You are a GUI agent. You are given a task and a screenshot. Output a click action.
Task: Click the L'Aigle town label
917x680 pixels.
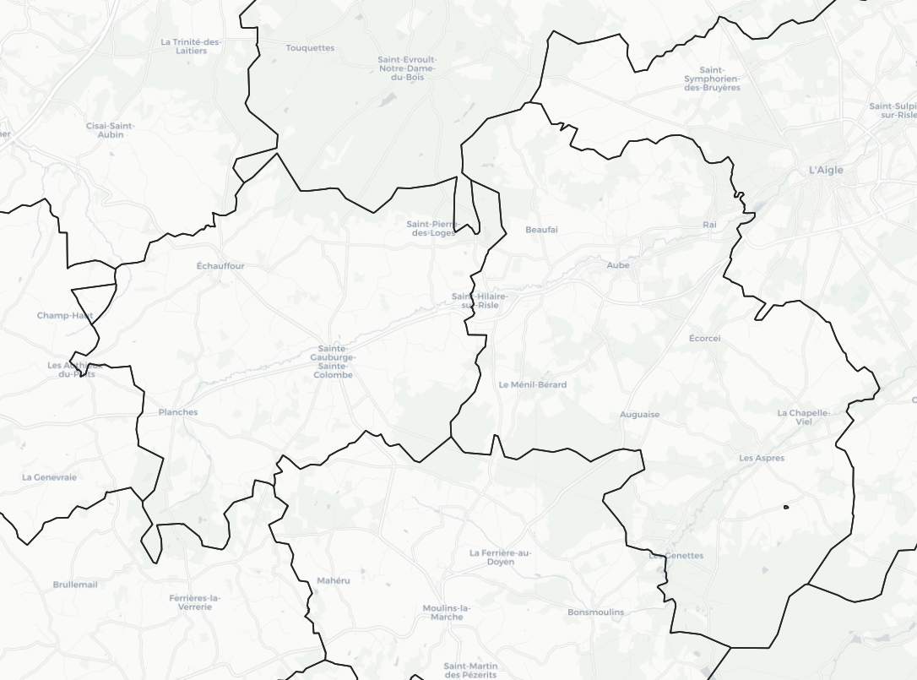826,170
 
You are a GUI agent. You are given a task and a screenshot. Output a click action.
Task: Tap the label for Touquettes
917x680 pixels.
310,48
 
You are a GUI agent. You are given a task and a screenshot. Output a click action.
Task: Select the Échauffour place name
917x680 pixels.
220,266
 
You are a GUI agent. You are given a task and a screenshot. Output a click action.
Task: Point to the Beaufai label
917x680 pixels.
541,230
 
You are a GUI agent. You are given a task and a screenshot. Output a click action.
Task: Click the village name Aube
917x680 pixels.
618,265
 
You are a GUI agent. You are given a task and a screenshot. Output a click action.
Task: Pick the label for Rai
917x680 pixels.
709,225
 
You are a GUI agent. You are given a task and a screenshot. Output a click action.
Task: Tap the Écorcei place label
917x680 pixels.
705,339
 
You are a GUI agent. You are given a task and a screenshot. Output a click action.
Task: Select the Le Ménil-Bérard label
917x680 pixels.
533,384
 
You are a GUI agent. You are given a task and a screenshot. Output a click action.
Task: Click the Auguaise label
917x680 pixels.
640,415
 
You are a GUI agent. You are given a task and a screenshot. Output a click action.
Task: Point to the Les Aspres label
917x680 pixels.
762,459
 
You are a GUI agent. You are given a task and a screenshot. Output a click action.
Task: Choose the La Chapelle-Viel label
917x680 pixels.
804,416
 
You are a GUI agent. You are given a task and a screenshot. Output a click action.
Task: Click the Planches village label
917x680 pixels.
178,412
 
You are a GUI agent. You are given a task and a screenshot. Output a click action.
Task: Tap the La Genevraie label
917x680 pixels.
49,477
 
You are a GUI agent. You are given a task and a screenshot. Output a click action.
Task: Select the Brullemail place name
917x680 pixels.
75,585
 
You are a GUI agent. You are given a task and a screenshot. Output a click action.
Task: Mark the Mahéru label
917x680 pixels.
334,580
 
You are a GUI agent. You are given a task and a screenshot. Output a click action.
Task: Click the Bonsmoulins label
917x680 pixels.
596,612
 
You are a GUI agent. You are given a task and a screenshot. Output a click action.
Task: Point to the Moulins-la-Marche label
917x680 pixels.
447,612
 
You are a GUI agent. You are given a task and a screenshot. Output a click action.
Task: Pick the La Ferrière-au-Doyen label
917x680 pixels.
501,558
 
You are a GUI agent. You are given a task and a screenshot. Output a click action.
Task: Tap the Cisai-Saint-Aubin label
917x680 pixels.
110,130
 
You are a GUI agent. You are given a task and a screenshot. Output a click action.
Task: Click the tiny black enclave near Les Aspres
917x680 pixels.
786,507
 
